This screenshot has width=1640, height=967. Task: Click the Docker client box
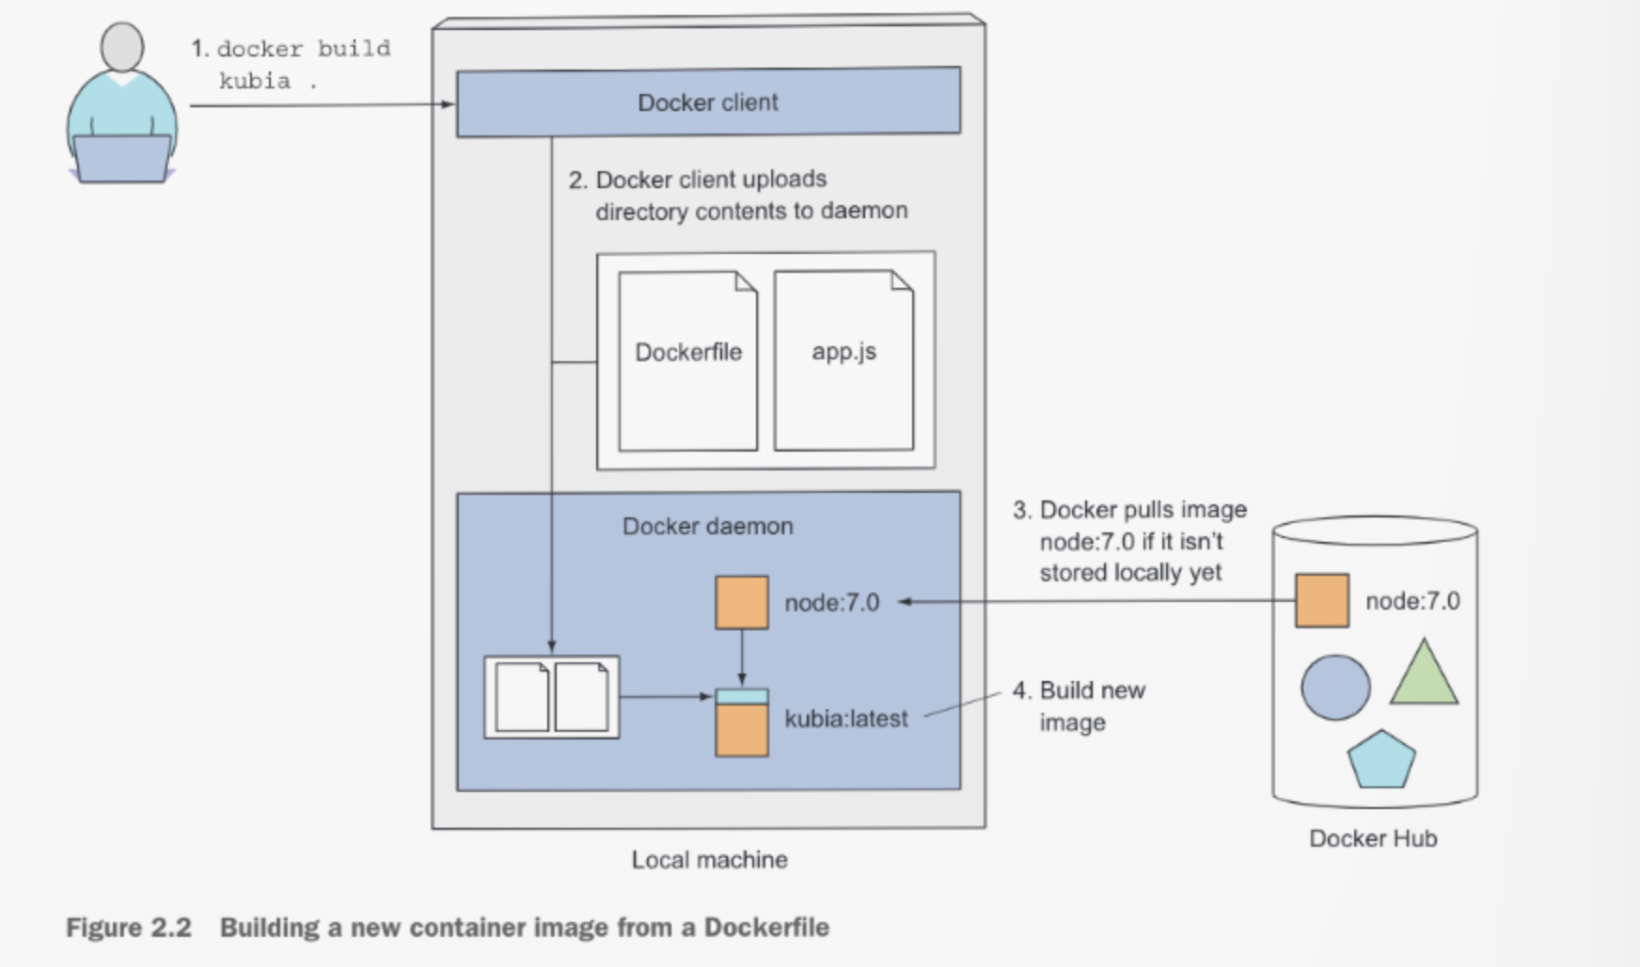(708, 102)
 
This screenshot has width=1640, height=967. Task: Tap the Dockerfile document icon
(687, 361)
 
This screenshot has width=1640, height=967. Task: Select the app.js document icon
(844, 361)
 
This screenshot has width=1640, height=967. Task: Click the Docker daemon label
(707, 526)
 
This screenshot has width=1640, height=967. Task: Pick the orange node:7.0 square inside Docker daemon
(742, 602)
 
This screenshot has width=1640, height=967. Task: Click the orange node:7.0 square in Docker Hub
(1321, 600)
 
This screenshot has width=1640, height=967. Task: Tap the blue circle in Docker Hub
(1335, 688)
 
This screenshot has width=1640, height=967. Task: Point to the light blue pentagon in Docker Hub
(1380, 760)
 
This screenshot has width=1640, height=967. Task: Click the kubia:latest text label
(846, 719)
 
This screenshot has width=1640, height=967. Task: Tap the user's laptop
(122, 158)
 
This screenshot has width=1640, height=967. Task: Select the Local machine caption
(709, 860)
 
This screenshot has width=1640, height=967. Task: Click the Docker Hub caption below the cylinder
(1373, 838)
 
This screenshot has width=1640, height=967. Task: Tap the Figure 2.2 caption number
(129, 927)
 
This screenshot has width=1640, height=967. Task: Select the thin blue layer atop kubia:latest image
(742, 697)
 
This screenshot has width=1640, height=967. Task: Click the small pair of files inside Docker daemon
(552, 697)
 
